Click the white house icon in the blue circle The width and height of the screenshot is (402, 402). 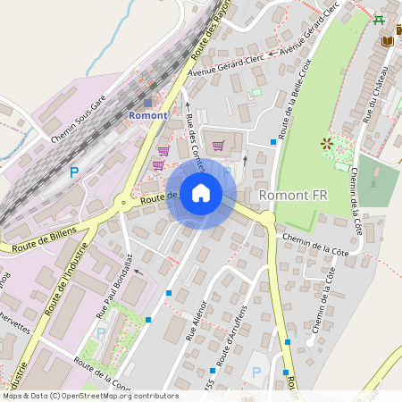point(201,193)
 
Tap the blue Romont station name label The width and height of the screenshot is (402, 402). point(147,115)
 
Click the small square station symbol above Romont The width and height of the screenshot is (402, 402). point(147,103)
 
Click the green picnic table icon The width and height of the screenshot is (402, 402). point(379,20)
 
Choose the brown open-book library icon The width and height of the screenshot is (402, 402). point(387,41)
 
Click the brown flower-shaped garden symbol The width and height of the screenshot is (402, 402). point(326,143)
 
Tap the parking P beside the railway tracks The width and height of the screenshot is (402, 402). point(74,172)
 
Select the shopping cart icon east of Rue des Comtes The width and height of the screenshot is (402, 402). point(218,146)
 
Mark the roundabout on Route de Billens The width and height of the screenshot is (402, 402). point(122,202)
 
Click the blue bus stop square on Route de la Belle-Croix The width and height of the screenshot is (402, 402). point(273,141)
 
